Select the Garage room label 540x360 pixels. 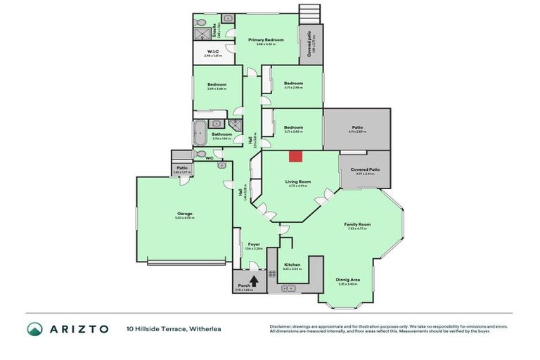coord(185,214)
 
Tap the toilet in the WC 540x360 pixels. coord(201,154)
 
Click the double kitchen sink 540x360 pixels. coord(288,288)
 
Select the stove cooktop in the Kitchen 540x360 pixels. coord(272,274)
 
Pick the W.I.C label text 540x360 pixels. coord(212,51)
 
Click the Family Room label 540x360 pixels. coord(357,224)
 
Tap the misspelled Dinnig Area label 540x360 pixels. coord(348,281)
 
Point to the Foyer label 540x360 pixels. coord(253,244)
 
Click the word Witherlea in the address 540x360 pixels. coord(205,328)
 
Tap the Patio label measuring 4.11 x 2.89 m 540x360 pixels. coord(356,127)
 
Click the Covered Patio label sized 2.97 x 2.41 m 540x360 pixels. coord(364,169)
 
